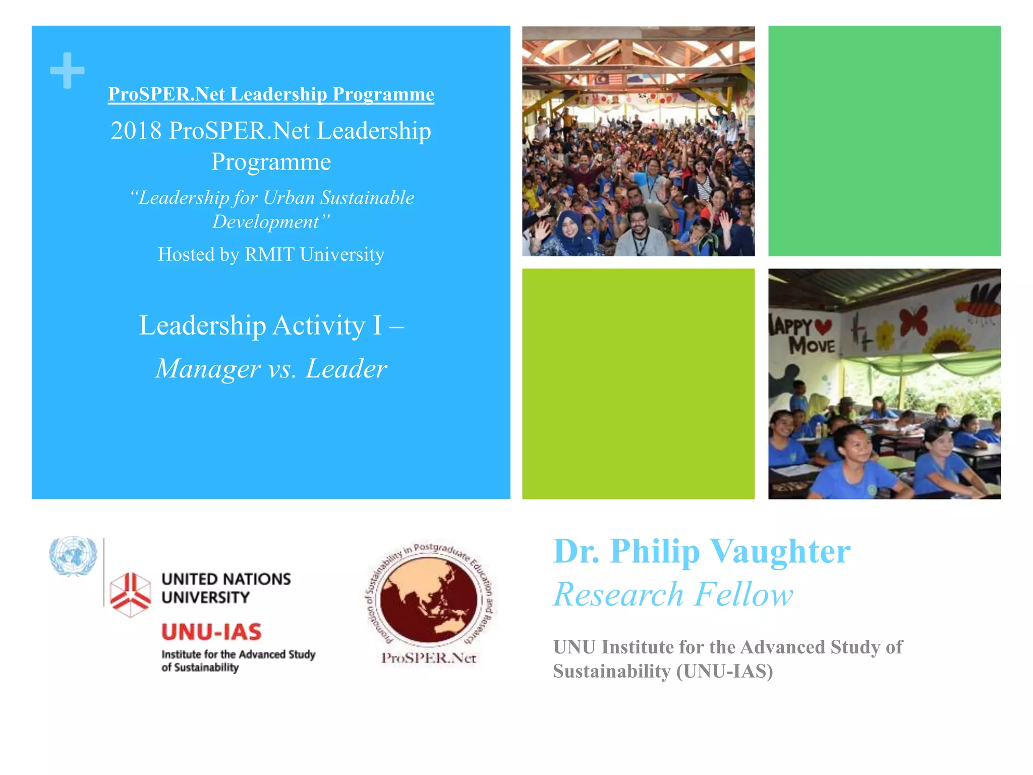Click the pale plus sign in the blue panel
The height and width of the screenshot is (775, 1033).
pos(67,71)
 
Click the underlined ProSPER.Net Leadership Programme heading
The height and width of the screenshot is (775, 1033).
pos(271,94)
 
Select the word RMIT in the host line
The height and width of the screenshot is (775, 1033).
pos(269,254)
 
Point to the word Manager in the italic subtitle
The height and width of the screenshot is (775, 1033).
pos(208,368)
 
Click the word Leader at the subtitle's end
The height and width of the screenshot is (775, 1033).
pos(347,368)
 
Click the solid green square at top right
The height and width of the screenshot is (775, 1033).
pos(884,141)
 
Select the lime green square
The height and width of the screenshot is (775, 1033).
pos(638,383)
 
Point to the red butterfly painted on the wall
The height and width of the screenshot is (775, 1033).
pos(913,320)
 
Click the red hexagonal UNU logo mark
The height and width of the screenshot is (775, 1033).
pos(130,594)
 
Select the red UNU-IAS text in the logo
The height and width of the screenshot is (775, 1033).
pos(211,632)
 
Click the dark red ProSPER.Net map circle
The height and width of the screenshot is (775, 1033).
pos(428,600)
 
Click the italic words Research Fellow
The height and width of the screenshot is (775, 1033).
pos(673,594)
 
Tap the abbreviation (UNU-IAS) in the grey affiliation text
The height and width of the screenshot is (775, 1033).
pos(725,672)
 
